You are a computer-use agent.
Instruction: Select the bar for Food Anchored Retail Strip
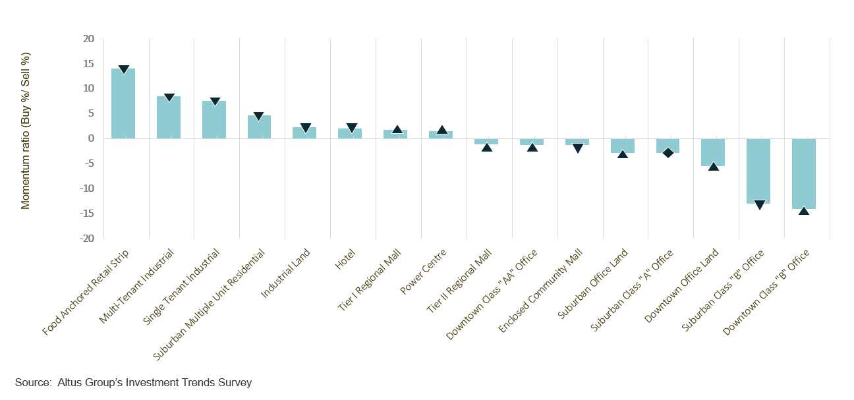click(x=123, y=103)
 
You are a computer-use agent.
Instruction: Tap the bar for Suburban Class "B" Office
click(x=758, y=171)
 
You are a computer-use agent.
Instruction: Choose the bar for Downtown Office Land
click(x=713, y=152)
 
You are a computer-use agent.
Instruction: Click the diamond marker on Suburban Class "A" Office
click(x=668, y=153)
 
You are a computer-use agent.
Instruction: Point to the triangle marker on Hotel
click(x=351, y=128)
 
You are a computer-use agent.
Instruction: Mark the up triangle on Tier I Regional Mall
click(x=397, y=130)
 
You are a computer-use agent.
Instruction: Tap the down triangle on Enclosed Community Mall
click(x=578, y=148)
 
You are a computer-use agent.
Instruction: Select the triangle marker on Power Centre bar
click(x=442, y=130)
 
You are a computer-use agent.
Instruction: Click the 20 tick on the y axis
click(x=90, y=39)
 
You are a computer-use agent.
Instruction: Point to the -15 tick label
click(x=88, y=214)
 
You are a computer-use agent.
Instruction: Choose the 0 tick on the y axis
click(x=92, y=138)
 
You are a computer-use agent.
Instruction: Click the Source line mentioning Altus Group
click(x=133, y=382)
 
